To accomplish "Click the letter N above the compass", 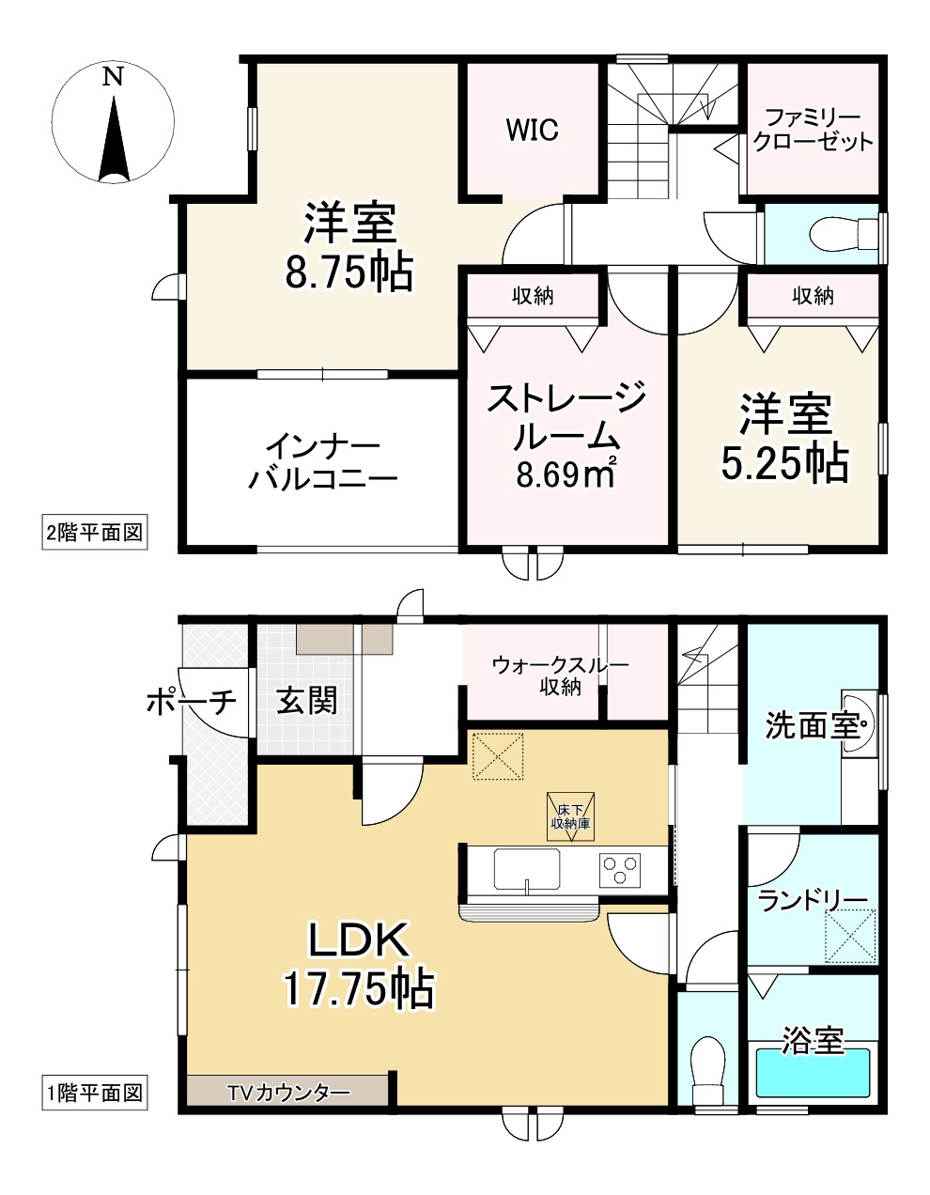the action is tap(114, 77).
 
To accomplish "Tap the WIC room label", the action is tap(532, 131).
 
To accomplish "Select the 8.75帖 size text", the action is tap(349, 272).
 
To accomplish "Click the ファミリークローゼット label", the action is tap(813, 131).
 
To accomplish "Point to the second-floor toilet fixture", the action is tap(844, 233).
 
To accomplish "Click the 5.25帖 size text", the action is tap(784, 463).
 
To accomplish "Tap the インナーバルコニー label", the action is tap(323, 462).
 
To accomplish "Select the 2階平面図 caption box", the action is tap(95, 532).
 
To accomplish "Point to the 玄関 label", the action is tap(306, 701).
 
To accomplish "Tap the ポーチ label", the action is tap(192, 703).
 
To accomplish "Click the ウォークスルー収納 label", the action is tap(560, 675).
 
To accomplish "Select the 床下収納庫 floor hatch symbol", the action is tap(570, 817).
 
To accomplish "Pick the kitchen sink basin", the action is tap(527, 869).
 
